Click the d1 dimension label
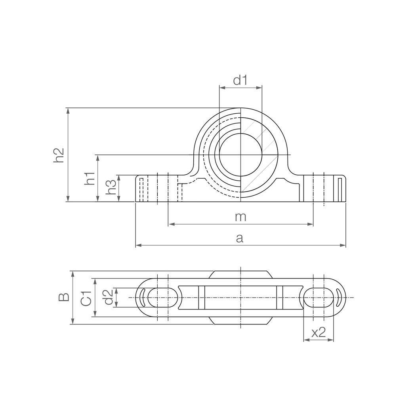(240, 80)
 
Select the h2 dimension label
(59, 155)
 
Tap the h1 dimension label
(90, 178)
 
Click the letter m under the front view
(240, 217)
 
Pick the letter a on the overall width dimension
(240, 238)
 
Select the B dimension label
(64, 297)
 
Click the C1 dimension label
(86, 298)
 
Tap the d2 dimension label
(108, 297)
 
